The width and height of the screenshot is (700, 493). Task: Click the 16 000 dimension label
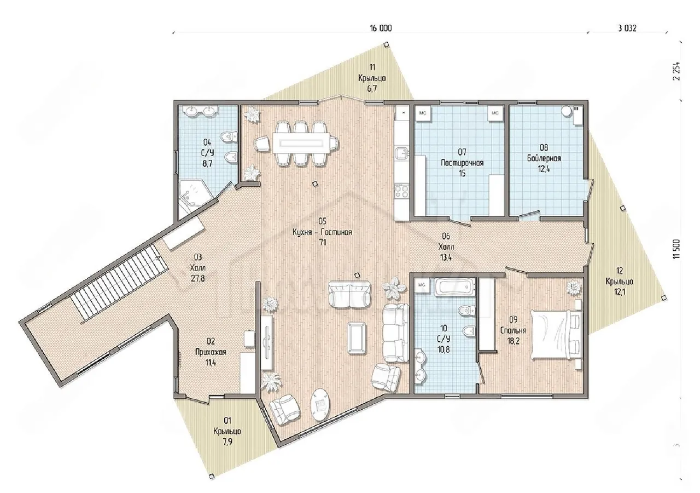(x=381, y=28)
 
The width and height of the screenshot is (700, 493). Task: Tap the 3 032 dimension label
(x=627, y=28)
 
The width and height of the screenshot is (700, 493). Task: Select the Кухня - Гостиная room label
(x=322, y=232)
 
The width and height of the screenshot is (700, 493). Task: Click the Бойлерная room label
(x=544, y=158)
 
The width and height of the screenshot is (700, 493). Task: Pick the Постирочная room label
(x=462, y=163)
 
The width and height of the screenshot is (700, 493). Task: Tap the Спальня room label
(x=514, y=330)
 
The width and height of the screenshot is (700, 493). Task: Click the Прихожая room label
(x=211, y=352)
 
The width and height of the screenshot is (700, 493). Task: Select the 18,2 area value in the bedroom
(x=514, y=341)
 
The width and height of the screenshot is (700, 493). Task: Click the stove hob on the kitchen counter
(x=401, y=191)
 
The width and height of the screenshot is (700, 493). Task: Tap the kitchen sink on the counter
(x=401, y=154)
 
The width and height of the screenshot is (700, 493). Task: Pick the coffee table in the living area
(x=357, y=338)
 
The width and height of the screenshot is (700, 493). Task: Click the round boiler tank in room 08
(x=566, y=111)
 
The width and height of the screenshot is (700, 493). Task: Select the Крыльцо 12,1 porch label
(x=620, y=281)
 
